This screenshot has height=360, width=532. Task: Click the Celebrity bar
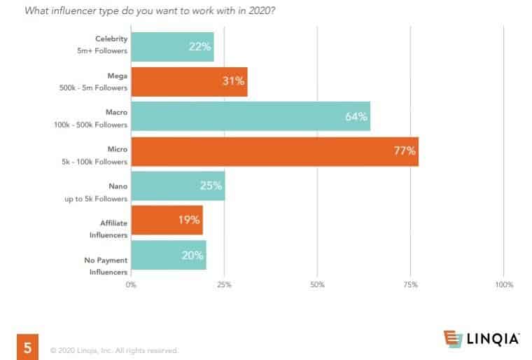171,47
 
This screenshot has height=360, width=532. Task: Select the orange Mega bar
189,81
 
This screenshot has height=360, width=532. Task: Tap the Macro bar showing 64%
250,116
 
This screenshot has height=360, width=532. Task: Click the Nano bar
178,186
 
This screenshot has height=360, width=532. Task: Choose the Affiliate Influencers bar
167,220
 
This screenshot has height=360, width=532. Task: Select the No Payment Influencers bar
168,255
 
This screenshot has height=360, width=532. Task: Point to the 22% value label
199,47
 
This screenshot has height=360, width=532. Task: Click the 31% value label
233,81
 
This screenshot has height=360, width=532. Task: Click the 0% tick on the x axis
131,285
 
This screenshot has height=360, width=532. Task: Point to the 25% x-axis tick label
224,285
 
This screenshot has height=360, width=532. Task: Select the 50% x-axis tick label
317,285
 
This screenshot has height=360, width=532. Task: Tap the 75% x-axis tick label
410,285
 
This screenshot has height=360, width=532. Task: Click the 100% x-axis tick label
504,285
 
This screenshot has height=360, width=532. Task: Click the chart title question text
149,11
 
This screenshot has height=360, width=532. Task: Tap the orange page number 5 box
27,347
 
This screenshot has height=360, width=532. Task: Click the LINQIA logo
482,339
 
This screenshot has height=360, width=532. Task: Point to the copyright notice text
114,350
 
